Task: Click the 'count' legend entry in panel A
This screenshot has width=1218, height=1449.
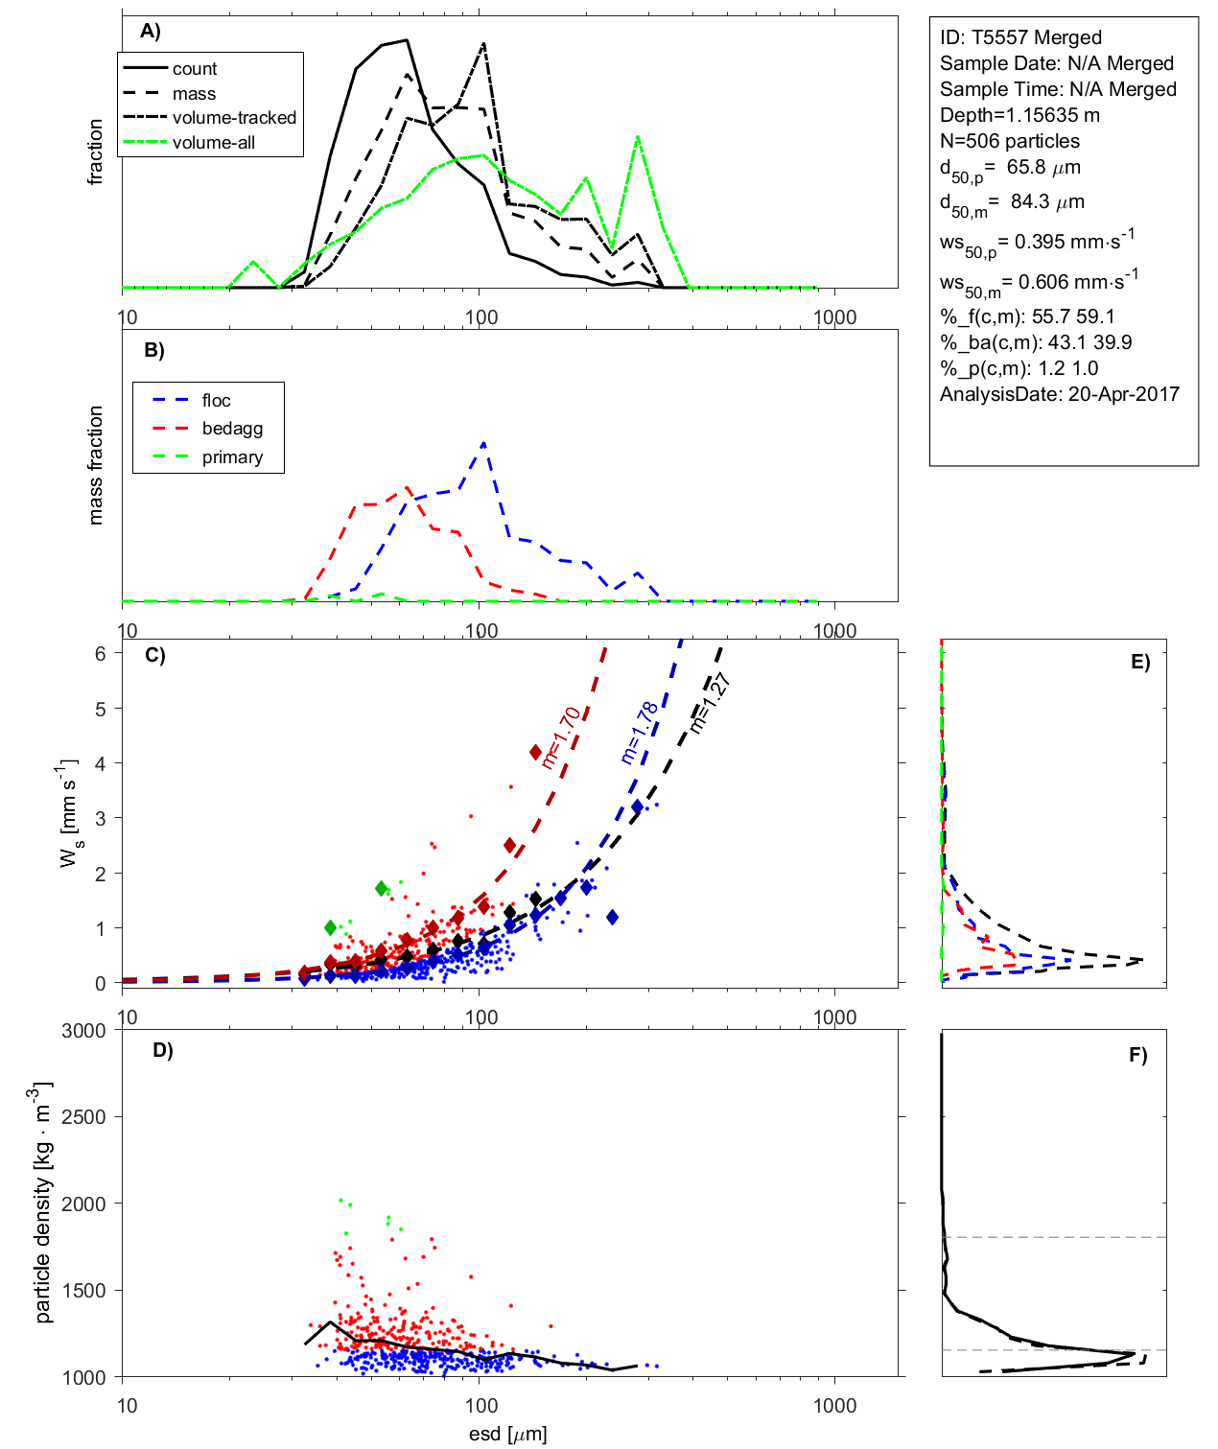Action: coord(195,69)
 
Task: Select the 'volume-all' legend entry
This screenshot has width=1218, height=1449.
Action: coord(213,143)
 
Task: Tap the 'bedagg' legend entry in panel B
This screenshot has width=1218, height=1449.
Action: coord(232,429)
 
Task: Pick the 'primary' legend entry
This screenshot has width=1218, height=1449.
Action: coord(232,457)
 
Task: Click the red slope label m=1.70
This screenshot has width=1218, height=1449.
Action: coord(560,737)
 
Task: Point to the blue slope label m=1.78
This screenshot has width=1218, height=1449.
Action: coord(640,733)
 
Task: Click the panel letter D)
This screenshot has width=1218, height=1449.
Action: coord(163,1050)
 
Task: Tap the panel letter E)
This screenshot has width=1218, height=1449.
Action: coord(1139,662)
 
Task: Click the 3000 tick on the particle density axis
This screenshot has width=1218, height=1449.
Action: coord(83,1031)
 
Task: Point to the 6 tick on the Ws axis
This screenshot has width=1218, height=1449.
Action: coord(100,653)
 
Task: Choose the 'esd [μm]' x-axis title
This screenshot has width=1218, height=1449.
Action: coord(507,1435)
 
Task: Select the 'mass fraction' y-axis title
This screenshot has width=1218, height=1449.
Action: coord(95,465)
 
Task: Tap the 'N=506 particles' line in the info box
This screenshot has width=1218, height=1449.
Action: coord(1009,141)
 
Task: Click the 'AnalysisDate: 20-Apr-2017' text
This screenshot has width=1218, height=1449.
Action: coord(1059,394)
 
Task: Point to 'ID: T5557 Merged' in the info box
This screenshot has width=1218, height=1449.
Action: coord(1020,37)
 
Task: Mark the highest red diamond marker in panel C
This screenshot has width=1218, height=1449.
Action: coord(536,753)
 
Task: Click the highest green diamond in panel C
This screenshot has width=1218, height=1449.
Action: coord(382,889)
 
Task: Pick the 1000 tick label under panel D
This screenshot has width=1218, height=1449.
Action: coord(834,1407)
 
